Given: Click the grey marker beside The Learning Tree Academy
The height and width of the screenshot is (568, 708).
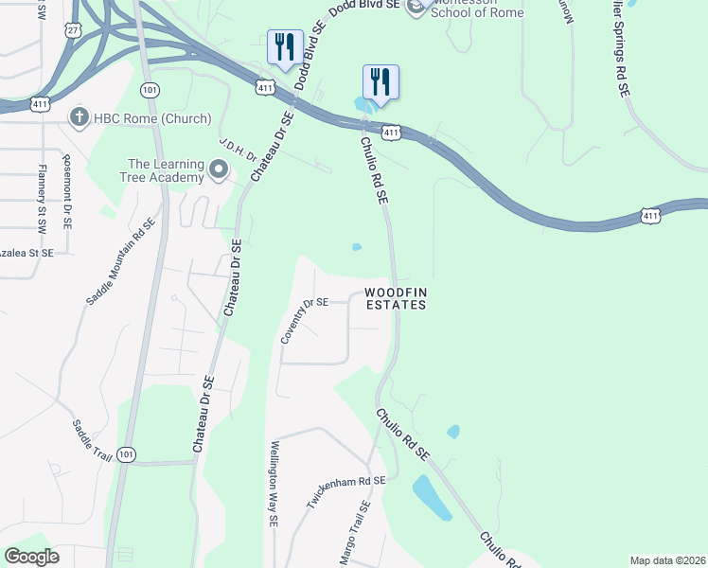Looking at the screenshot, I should [x=220, y=170].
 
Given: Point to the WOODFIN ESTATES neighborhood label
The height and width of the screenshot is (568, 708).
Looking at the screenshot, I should [x=396, y=298].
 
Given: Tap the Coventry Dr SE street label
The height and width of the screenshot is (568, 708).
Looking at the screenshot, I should [x=304, y=321].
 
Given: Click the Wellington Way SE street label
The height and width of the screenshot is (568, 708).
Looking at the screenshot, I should [x=274, y=483].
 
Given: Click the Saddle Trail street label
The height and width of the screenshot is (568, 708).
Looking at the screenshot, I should [x=91, y=442].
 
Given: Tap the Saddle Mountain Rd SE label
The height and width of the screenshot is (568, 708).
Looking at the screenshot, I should [x=121, y=261].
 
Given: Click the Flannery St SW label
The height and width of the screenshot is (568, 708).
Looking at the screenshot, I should [x=42, y=200].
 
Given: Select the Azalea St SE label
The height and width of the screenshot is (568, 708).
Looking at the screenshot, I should [x=27, y=255].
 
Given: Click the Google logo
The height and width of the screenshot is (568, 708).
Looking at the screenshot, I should [x=32, y=557].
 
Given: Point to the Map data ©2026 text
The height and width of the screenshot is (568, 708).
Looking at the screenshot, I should [x=667, y=560].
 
